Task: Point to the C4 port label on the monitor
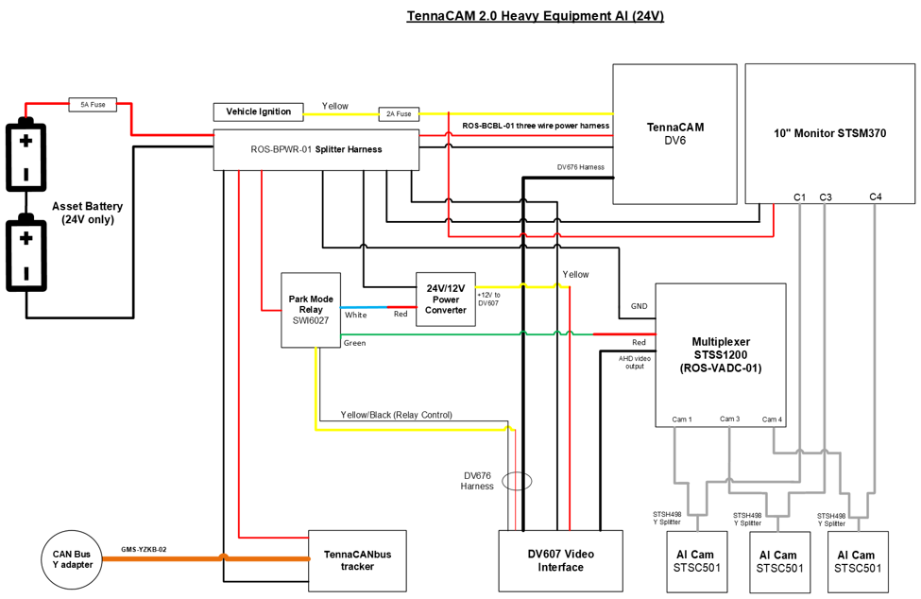875,197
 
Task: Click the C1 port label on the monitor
799,197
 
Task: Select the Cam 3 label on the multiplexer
729,419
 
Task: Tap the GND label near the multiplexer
640,306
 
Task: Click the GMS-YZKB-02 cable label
144,550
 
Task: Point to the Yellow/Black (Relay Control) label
397,415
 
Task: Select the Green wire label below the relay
355,343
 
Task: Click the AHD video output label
635,362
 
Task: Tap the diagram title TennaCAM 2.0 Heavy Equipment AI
535,16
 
